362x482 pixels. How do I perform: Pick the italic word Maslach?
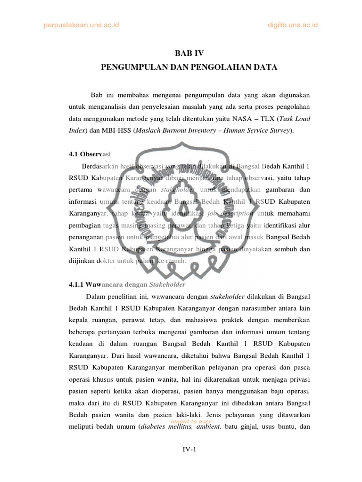150,130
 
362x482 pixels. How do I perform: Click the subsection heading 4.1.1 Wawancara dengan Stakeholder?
125,285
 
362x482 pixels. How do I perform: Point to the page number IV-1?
189,450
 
